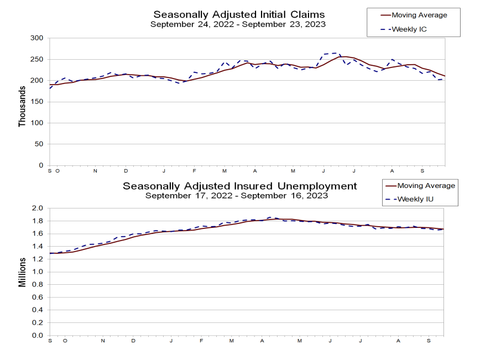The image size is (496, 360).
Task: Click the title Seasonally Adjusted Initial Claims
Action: click(x=239, y=14)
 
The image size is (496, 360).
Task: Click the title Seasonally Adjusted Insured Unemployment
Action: click(x=239, y=186)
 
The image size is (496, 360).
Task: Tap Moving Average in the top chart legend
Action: click(x=419, y=15)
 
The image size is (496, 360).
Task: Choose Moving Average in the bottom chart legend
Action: click(x=426, y=186)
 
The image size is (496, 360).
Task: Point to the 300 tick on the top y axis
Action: click(x=38, y=38)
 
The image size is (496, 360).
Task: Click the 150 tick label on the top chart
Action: click(x=38, y=102)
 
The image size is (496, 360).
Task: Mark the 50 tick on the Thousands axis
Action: click(x=39, y=144)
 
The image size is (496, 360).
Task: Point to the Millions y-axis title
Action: click(x=23, y=272)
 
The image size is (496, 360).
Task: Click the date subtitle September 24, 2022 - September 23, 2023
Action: click(x=238, y=24)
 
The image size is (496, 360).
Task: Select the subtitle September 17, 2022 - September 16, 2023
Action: click(x=237, y=196)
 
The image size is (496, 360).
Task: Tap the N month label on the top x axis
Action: click(x=95, y=171)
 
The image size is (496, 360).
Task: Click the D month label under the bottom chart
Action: click(x=133, y=341)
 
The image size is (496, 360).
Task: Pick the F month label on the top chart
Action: click(x=194, y=171)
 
